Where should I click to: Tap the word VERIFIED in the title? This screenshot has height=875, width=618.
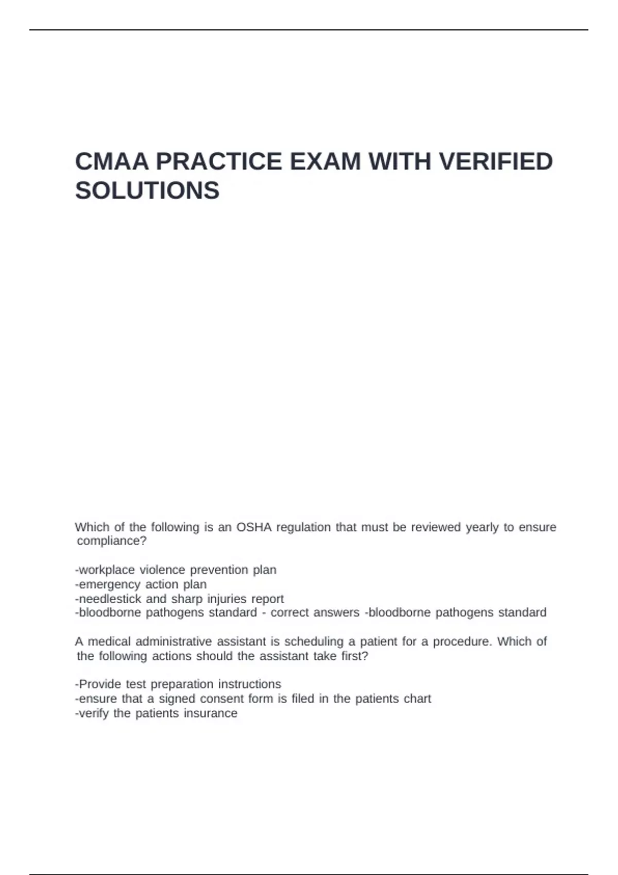(x=496, y=162)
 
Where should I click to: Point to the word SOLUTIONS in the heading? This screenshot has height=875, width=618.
(x=147, y=191)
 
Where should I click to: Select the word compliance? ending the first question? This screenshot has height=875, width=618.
(x=112, y=541)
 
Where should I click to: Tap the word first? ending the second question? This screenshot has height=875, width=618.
(x=355, y=656)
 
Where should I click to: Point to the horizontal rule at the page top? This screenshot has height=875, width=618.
(x=309, y=30)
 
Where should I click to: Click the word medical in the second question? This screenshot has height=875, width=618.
(x=110, y=641)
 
